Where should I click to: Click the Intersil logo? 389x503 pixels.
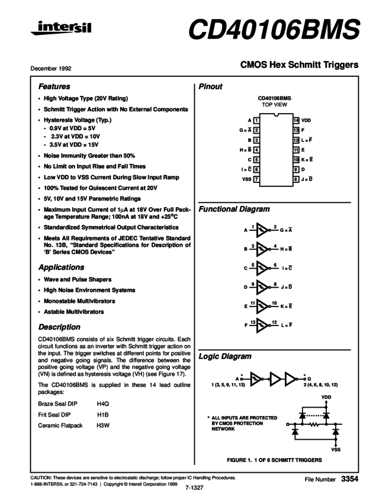pos(61,28)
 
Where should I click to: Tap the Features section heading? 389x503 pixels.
pos(54,86)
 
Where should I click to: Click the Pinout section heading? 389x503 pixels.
pos(211,86)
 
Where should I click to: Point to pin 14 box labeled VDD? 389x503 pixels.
pos(296,120)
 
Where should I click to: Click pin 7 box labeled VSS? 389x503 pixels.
pos(256,179)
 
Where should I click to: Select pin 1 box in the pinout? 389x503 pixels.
pos(256,120)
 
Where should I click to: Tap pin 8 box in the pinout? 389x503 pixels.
pos(296,179)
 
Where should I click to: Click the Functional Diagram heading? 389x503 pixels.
pos(234,209)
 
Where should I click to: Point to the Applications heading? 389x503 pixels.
pos(61,267)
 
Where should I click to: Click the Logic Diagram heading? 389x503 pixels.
pos(225,356)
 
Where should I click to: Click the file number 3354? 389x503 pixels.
pos(349,478)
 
